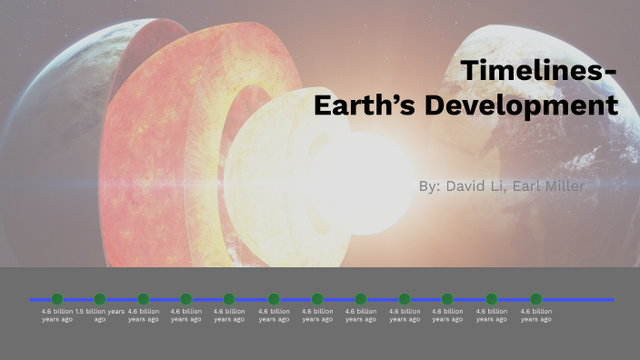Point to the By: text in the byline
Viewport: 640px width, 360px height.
(x=430, y=185)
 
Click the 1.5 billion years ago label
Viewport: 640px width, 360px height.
(x=100, y=315)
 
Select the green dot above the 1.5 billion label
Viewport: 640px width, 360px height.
(x=100, y=299)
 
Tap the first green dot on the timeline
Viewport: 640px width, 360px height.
(x=57, y=299)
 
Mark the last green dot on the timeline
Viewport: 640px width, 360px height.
(x=536, y=299)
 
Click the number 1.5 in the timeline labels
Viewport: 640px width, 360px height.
(x=79, y=311)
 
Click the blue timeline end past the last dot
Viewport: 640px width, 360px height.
(x=582, y=299)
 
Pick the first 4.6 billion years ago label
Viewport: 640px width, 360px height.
(x=57, y=315)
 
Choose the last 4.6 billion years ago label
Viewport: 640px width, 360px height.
(x=536, y=315)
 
